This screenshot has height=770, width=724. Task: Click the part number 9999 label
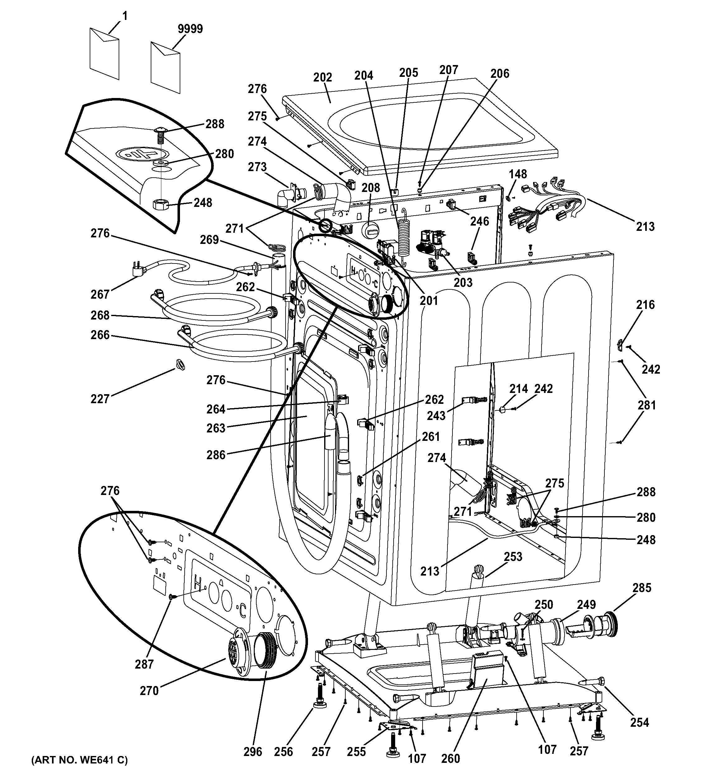click(x=190, y=29)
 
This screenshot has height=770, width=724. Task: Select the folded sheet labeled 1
click(x=104, y=54)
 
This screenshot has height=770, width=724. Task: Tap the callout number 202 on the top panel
click(x=323, y=77)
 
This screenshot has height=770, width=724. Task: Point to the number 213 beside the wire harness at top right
click(x=645, y=226)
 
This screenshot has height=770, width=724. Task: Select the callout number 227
click(x=100, y=399)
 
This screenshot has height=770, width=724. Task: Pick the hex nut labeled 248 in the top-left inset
click(x=160, y=203)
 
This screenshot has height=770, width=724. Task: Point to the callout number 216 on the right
click(x=645, y=305)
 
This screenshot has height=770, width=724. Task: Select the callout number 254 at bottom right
click(x=639, y=722)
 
